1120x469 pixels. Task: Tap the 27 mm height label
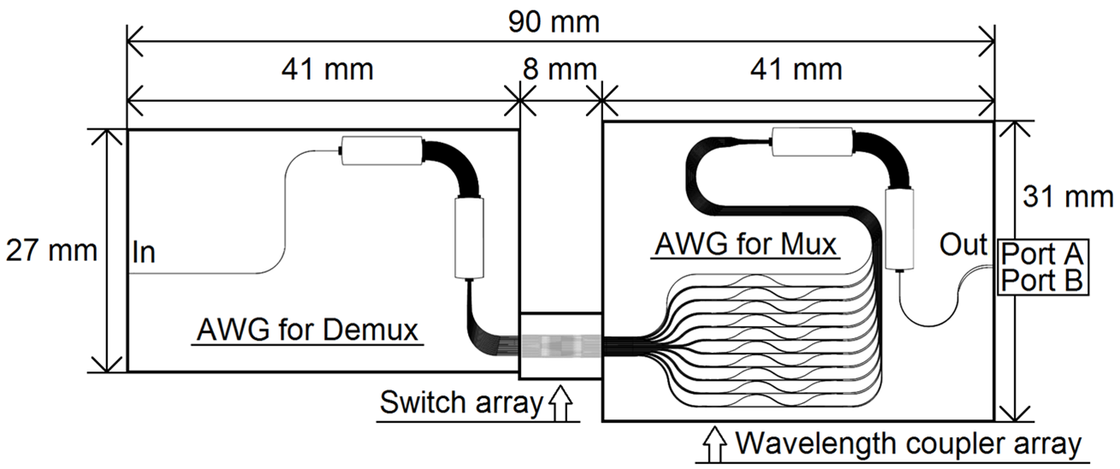(x=50, y=251)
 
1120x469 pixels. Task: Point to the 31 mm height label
(x=1067, y=198)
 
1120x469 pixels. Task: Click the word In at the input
(x=143, y=254)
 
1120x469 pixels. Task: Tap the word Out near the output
(x=963, y=244)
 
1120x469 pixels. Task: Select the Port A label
(x=1043, y=253)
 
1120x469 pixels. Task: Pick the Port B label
(x=1043, y=279)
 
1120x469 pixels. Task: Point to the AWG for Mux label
(x=744, y=245)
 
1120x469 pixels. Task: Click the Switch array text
(x=461, y=402)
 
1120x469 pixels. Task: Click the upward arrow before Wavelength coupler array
(x=712, y=443)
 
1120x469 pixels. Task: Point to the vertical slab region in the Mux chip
(x=900, y=227)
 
